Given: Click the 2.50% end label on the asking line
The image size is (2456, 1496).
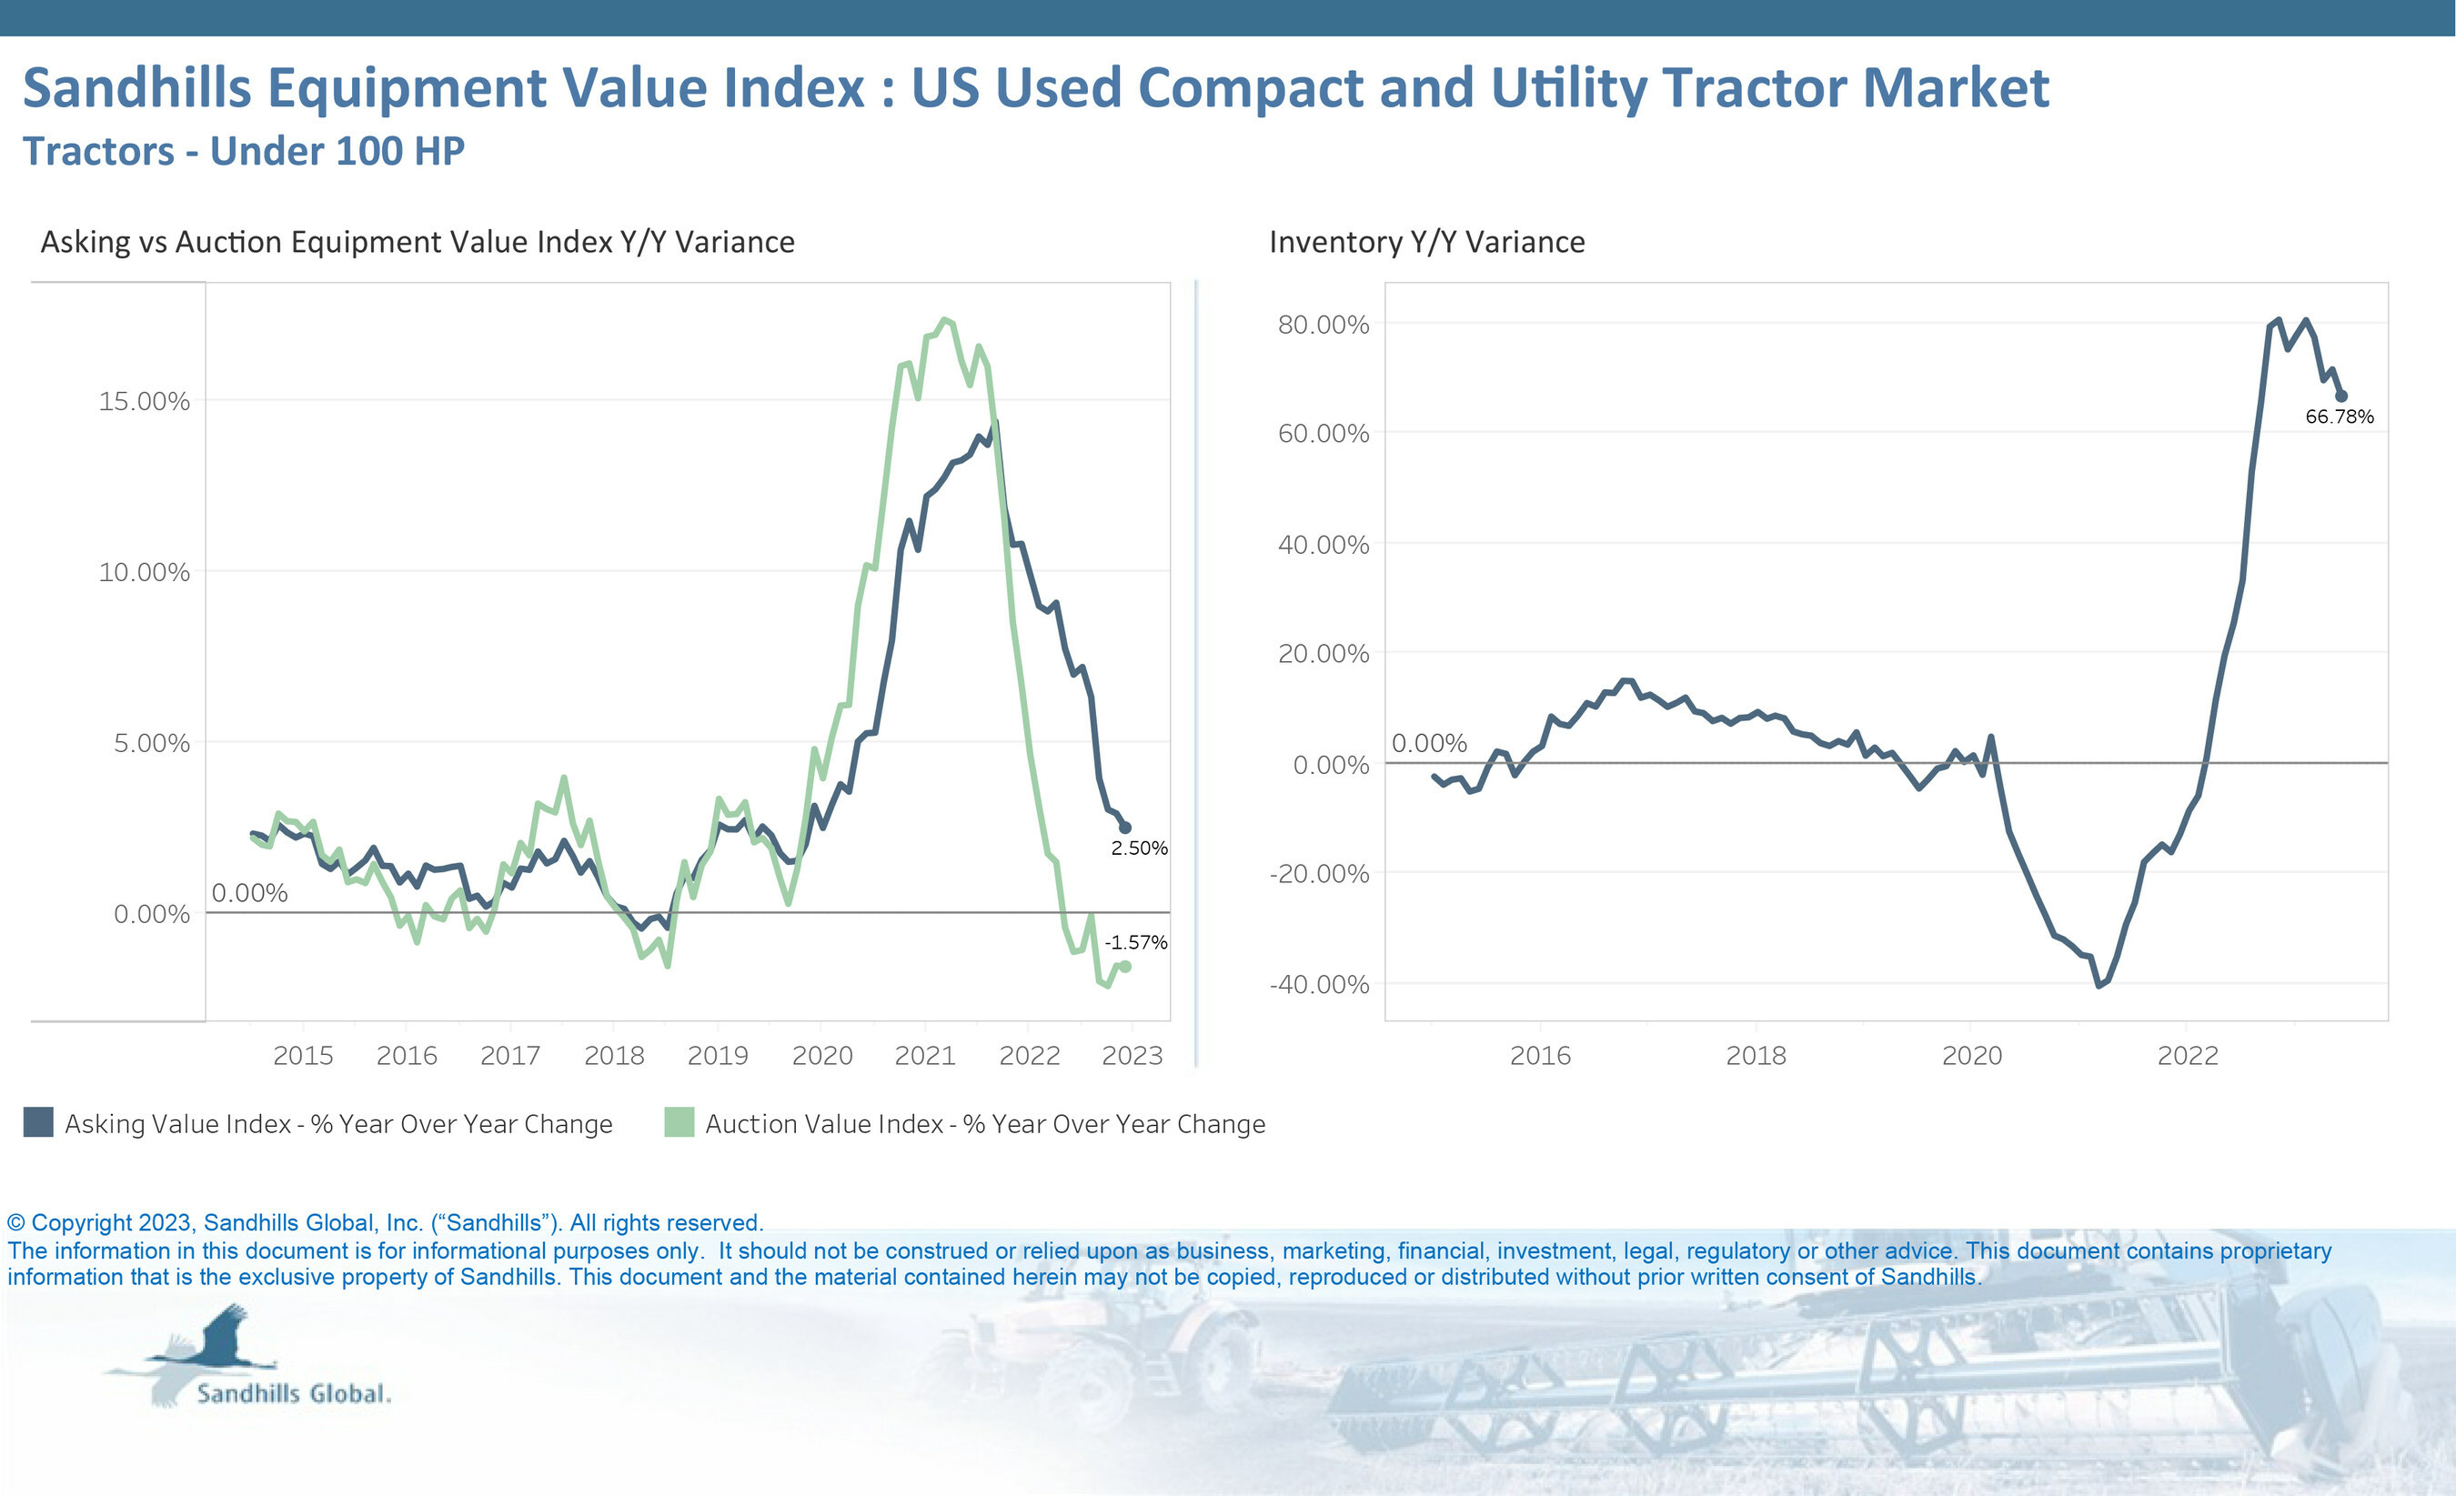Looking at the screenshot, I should click(x=1138, y=848).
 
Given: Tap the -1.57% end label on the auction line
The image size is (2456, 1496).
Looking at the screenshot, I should click(x=1135, y=942).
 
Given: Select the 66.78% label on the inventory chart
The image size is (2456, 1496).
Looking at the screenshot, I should click(x=2339, y=417).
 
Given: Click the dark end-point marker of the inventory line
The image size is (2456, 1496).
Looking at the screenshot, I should click(x=2340, y=396).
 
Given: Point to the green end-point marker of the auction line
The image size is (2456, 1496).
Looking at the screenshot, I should click(x=1125, y=966).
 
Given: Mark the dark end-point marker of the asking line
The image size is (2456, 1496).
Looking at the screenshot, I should click(x=1125, y=828).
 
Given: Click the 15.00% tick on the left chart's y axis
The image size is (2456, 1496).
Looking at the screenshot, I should click(x=144, y=401).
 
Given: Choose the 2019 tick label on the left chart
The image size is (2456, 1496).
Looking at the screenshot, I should click(x=718, y=1056).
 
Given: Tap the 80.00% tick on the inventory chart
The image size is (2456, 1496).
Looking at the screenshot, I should click(x=1323, y=325).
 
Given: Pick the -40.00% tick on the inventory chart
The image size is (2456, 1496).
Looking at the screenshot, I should click(x=1319, y=985).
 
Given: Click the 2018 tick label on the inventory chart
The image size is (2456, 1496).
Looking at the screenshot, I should click(x=1756, y=1056).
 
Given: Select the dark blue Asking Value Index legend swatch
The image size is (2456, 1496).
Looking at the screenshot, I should click(x=39, y=1122).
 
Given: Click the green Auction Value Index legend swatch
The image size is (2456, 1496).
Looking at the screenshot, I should click(x=679, y=1122).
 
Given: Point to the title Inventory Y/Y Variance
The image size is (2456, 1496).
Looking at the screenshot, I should click(x=1426, y=242).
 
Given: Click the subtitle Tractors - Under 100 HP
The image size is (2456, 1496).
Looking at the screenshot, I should click(x=243, y=152).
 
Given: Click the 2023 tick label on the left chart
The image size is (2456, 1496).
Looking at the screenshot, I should click(x=1132, y=1056).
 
